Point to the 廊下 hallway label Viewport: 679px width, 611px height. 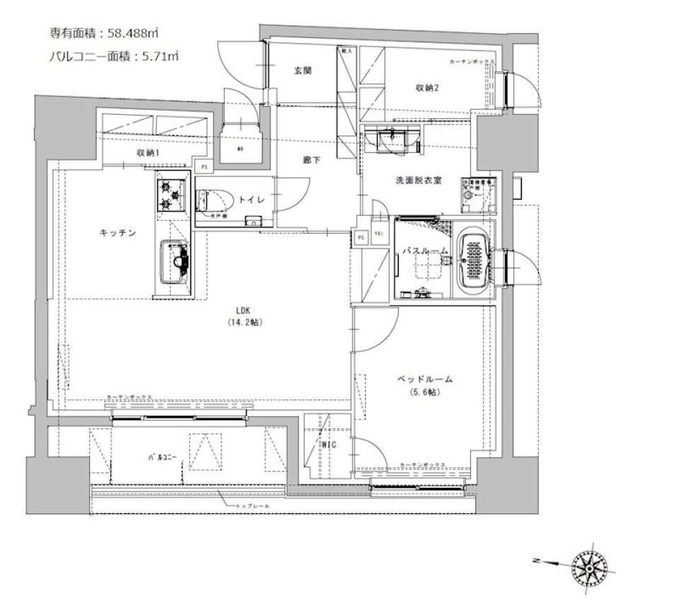click(312, 161)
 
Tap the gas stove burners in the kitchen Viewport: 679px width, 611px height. click(170, 195)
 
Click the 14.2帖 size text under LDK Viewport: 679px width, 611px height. click(246, 322)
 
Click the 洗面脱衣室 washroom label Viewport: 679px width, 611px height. click(419, 181)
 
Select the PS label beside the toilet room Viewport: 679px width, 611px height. click(204, 168)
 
